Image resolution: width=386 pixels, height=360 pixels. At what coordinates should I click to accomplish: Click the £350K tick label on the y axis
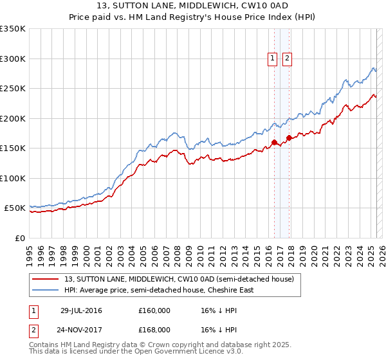point(13,29)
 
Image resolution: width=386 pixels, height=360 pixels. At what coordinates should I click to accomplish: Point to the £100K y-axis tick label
point(13,178)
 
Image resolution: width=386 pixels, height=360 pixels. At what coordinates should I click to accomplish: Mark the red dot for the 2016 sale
point(274,143)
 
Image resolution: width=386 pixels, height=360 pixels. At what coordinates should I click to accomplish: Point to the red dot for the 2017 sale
point(289,138)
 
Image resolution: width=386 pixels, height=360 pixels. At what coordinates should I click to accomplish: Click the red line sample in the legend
point(46,279)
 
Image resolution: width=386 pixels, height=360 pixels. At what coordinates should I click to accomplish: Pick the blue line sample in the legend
point(46,290)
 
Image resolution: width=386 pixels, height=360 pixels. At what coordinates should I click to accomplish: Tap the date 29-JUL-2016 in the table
point(81,310)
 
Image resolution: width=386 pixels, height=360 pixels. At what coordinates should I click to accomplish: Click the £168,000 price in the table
point(154,329)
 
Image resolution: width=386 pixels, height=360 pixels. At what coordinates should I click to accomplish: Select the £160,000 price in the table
point(154,310)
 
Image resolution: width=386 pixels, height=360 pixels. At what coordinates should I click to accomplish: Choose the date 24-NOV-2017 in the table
point(82,329)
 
